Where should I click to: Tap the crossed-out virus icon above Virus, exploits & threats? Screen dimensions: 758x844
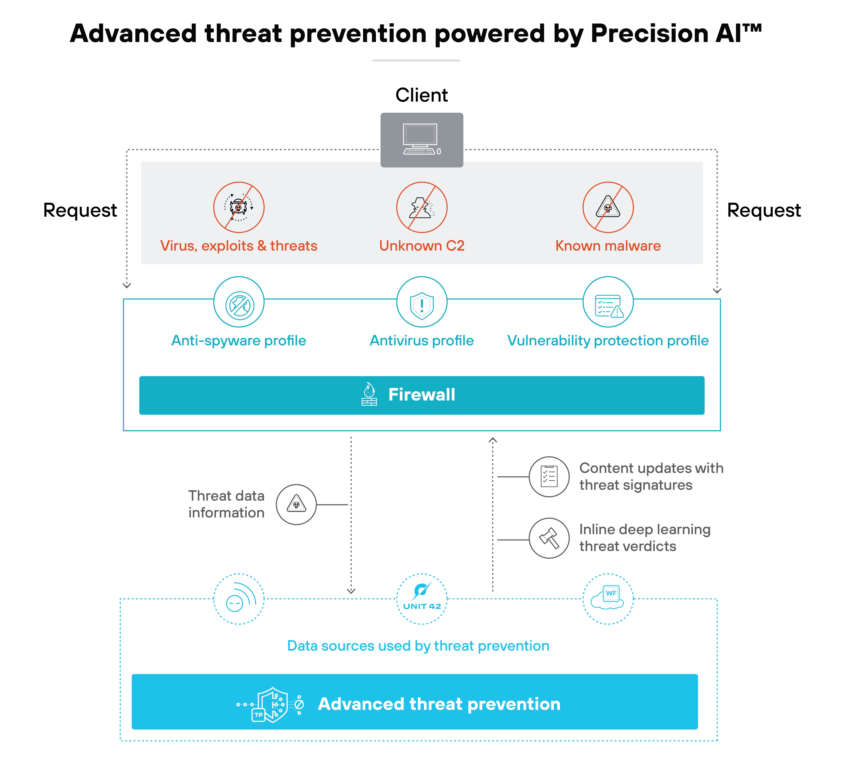pos(239,207)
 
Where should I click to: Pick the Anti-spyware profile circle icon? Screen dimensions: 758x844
pos(239,302)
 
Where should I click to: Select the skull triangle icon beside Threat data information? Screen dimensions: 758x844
pos(296,504)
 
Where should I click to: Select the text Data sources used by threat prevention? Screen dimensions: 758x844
pos(418,646)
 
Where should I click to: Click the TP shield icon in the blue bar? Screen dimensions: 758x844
pos(271,704)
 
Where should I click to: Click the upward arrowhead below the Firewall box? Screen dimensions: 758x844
pos(492,440)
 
